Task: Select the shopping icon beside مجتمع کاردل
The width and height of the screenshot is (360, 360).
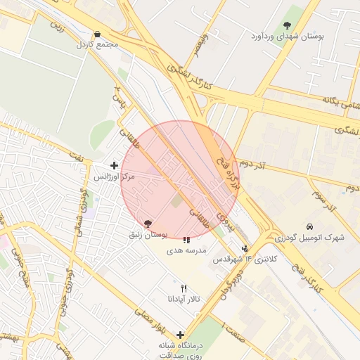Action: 96,34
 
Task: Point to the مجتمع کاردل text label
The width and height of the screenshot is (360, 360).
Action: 99,44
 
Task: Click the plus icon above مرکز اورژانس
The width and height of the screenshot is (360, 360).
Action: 115,165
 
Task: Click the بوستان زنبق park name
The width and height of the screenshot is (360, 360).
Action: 148,234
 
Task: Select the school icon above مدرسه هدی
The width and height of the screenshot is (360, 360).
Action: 186,240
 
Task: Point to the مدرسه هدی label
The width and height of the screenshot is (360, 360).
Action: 186,250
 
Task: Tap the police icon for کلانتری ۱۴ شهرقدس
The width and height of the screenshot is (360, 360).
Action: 245,248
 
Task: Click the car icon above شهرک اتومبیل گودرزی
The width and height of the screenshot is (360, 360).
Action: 310,226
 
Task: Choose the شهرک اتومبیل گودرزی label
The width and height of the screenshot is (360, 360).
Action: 309,237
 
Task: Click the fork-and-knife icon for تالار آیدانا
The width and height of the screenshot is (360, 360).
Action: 184,288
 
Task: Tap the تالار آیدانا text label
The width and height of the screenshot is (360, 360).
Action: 184,299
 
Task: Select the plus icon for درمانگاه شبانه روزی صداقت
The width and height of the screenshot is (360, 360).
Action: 181,335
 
